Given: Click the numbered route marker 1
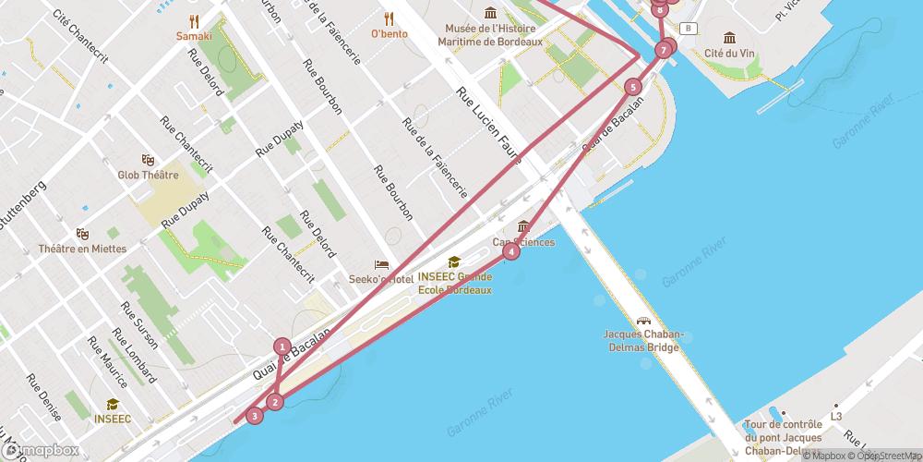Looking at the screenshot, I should click(282, 346).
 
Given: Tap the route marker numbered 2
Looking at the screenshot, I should click(275, 402).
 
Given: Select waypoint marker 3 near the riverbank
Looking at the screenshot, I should click(255, 416).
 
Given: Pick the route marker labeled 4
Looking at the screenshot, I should click(512, 251).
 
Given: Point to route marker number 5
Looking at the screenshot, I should click(632, 88).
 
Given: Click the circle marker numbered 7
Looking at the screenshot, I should click(664, 49).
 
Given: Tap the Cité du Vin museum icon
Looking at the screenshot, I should click(729, 38).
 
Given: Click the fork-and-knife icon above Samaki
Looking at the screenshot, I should click(194, 20).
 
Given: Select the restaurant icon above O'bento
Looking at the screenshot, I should click(389, 18).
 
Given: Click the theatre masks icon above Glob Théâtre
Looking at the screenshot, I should click(147, 160).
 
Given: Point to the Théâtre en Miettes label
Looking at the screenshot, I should click(81, 249).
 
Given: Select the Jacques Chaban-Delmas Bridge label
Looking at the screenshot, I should click(641, 341).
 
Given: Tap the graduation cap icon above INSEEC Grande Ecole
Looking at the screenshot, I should click(453, 262).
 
